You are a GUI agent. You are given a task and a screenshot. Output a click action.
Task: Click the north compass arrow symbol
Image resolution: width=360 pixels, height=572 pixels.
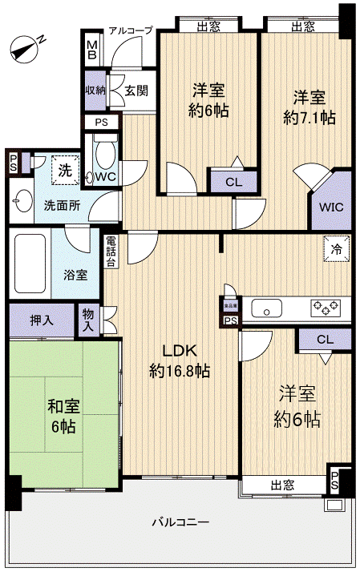click(26, 50)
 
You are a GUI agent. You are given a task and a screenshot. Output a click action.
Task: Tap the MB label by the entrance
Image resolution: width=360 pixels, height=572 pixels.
click(91, 52)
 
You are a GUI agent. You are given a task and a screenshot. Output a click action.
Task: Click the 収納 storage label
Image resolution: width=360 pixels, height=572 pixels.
click(95, 88)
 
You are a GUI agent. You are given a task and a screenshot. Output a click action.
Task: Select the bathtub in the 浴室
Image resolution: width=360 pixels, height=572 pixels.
click(29, 264)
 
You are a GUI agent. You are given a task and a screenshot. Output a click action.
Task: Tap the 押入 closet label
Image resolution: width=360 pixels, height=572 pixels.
click(42, 320)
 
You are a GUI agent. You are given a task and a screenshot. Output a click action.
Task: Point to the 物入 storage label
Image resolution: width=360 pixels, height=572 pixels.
click(88, 320)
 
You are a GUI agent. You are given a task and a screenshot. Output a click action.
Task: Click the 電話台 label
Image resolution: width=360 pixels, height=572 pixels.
click(111, 250)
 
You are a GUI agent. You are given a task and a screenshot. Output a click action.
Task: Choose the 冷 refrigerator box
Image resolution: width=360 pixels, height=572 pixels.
click(335, 248)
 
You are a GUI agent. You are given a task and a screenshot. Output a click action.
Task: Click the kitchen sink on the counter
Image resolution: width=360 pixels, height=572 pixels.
click(265, 308)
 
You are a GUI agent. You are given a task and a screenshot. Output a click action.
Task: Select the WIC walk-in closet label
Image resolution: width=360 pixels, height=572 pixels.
click(331, 206)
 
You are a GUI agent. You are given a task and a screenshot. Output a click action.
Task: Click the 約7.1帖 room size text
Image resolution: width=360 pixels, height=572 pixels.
click(309, 118)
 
